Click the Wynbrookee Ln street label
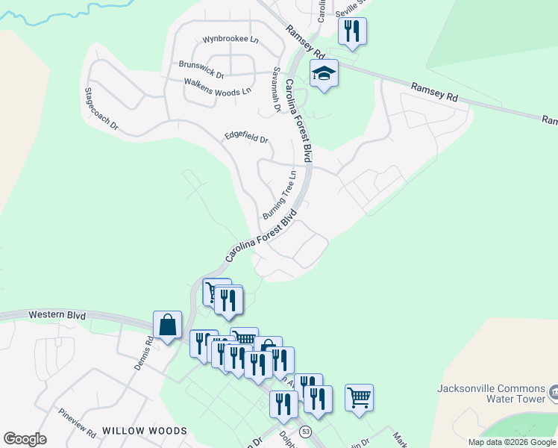click(230, 39)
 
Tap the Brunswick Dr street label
click(201, 69)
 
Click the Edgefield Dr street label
click(246, 137)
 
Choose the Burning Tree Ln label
click(280, 194)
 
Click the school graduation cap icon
click(324, 73)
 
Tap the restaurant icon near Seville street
click(350, 31)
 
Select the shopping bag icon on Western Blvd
click(167, 325)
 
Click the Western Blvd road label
click(57, 315)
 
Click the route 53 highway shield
click(305, 432)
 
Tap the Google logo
click(25, 439)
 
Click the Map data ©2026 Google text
click(512, 442)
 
